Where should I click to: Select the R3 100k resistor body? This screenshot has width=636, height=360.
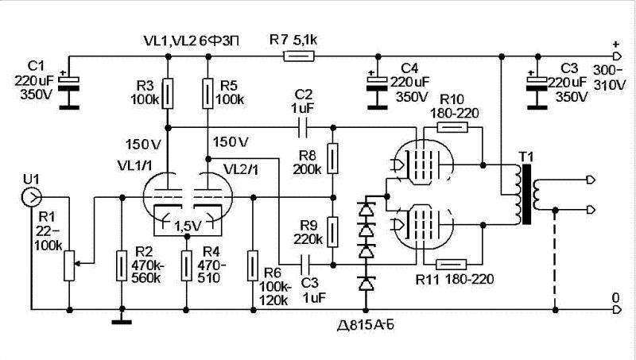point(168,91)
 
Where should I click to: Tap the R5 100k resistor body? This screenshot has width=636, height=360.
point(207,91)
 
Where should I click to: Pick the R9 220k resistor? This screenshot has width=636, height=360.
point(334,229)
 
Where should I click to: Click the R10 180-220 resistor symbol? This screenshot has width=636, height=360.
point(452,126)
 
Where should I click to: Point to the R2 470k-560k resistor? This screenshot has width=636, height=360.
point(120,262)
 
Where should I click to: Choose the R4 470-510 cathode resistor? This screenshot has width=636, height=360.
point(186,262)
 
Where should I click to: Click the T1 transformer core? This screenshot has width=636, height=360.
point(525,195)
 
